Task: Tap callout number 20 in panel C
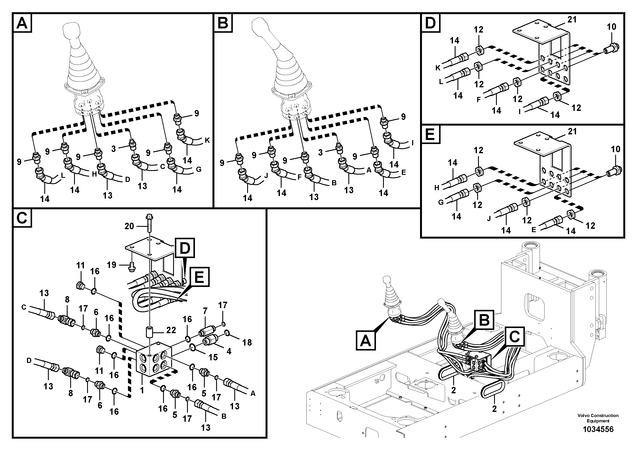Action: click(x=129, y=226)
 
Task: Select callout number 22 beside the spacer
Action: click(x=171, y=330)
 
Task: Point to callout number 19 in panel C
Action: click(x=111, y=265)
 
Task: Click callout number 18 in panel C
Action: click(x=247, y=342)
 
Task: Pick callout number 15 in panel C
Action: click(x=213, y=357)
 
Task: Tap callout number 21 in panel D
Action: click(x=572, y=20)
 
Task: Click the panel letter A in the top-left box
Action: click(x=22, y=23)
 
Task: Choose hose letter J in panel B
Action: click(x=266, y=176)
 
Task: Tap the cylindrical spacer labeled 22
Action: click(x=150, y=332)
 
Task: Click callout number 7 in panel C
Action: click(x=205, y=311)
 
